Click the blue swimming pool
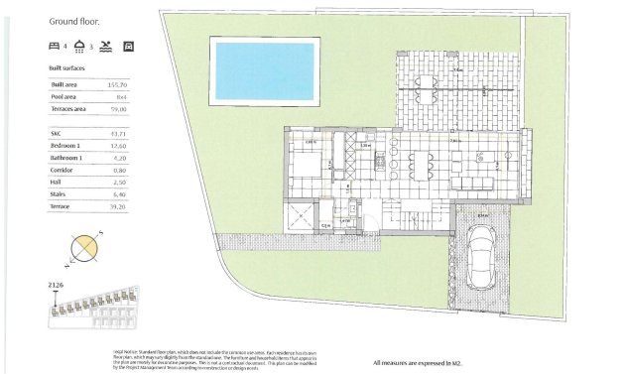[265, 71]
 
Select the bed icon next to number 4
[54, 46]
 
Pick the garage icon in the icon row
[127, 46]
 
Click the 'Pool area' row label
[67, 98]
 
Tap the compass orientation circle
[84, 247]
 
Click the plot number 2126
[57, 285]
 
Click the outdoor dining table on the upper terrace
[429, 82]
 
